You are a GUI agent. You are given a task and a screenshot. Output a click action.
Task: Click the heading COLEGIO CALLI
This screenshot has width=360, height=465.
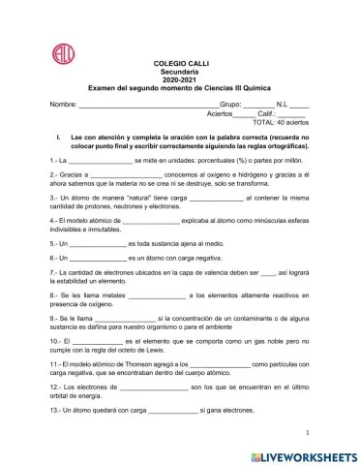point(180,62)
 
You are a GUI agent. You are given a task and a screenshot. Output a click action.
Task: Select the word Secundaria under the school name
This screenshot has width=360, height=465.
point(180,71)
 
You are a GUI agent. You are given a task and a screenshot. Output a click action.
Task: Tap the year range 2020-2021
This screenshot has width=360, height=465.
point(180,79)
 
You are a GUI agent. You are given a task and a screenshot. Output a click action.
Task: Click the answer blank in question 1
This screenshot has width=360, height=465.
point(98,160)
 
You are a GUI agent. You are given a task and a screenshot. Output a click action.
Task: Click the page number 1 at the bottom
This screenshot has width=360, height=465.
point(307,432)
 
